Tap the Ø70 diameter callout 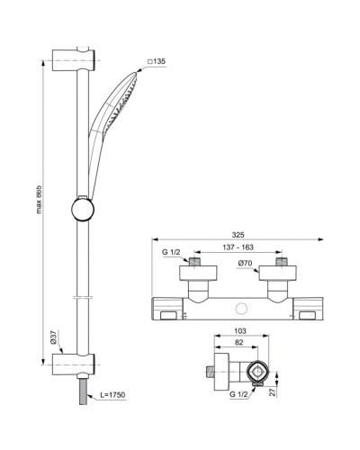245,265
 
